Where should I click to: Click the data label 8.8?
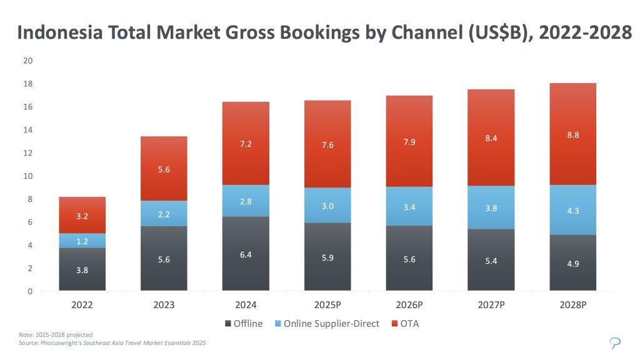573,134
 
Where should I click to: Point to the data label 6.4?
246,254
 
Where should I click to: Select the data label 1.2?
82,241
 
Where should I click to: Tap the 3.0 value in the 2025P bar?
327,206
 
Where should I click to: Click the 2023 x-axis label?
164,305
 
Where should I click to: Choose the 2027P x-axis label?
491,305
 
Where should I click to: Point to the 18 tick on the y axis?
28,84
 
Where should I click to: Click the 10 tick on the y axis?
28,176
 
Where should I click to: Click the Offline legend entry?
243,324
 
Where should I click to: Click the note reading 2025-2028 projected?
56,335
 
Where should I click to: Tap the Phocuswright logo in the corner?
616,342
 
